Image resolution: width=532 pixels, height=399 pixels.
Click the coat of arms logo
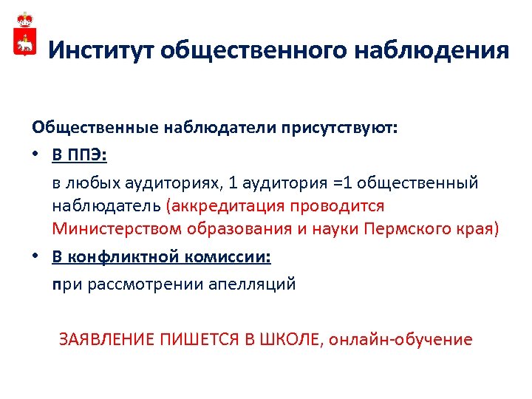[24, 35]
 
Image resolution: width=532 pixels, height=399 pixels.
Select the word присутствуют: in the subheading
[336, 127]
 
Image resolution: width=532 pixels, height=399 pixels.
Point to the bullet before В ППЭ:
[36, 155]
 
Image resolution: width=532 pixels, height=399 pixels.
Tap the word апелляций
[255, 284]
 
